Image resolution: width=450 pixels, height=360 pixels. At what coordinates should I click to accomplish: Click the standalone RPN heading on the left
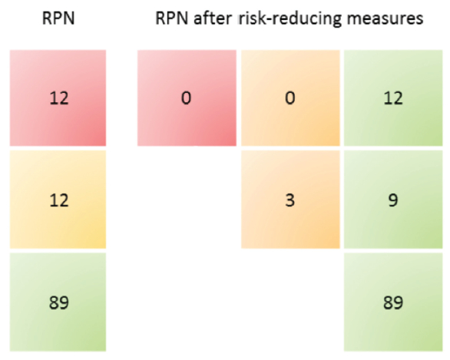click(x=58, y=19)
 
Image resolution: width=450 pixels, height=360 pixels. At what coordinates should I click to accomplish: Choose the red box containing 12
click(x=58, y=98)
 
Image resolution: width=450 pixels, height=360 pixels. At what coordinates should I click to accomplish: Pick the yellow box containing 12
click(x=58, y=200)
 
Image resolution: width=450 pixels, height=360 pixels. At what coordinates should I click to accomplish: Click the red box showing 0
click(x=186, y=98)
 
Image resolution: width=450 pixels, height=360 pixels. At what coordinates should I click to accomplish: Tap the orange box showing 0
click(x=290, y=98)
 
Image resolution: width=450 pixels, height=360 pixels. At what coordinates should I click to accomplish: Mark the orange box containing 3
click(x=290, y=200)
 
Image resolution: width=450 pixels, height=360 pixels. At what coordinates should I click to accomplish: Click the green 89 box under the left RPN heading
click(x=58, y=302)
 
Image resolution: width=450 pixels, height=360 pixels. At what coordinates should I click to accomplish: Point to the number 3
click(x=290, y=200)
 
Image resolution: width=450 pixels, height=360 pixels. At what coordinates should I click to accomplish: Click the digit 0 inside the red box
click(x=186, y=99)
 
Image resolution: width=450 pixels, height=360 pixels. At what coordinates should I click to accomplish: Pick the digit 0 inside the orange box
click(x=290, y=99)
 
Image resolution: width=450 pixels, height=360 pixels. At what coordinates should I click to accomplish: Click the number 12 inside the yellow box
click(x=58, y=200)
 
